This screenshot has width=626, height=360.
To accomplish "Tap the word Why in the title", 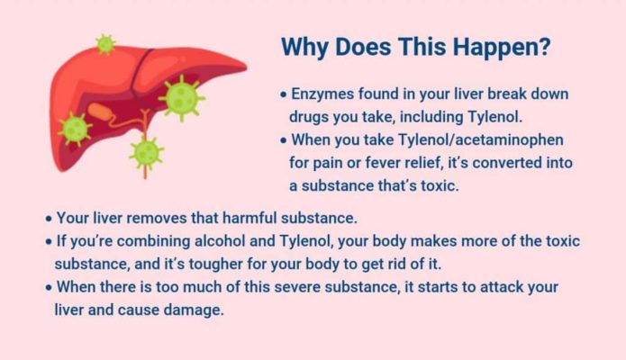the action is click(304, 48).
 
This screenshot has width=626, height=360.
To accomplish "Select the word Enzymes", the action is click(322, 94).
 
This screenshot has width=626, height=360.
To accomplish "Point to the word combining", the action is click(153, 241).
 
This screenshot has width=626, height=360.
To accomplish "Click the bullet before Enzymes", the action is click(284, 95).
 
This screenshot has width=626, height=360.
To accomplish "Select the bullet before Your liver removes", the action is click(49, 219).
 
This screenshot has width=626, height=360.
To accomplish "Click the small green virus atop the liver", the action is click(105, 44).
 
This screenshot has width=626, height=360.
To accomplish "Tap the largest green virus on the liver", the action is click(182, 98).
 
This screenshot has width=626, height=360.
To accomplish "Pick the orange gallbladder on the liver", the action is click(101, 112).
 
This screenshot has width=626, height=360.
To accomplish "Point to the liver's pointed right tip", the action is click(245, 66).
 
